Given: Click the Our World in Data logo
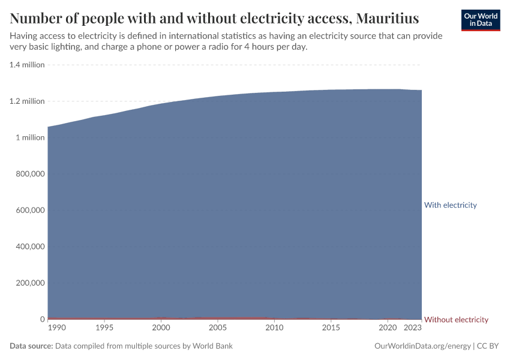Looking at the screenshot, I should pos(481,20).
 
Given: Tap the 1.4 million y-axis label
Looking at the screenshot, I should pos(27,65).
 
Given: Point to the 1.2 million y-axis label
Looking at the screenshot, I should pos(27,101).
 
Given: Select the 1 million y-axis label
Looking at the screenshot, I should pos(30,137).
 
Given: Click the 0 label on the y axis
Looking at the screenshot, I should pos(42,319).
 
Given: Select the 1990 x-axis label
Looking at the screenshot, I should pos(57,328).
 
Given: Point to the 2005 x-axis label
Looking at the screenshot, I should pos(217,328).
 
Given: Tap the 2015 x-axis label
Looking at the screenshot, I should pos(331,328).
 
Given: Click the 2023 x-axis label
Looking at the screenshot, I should pos(413,328).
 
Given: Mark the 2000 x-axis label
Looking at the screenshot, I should pos(160,328).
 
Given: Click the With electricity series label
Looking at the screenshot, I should pos(450,205).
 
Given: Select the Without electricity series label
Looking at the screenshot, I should pos(456,319).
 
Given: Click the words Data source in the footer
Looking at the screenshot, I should pos(31,346).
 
